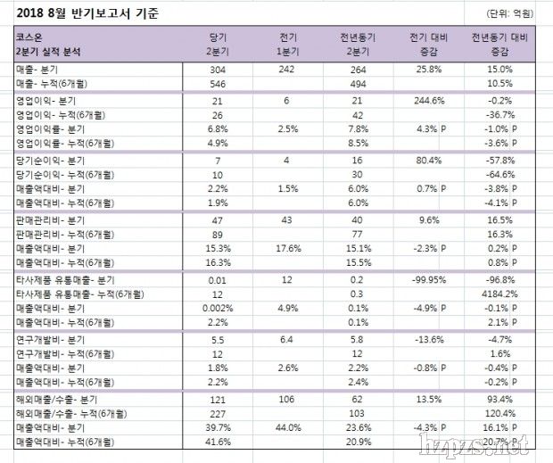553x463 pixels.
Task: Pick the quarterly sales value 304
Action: pos(217,69)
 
